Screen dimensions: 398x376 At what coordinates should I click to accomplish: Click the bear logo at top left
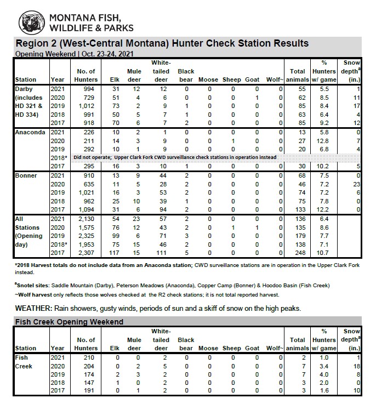33,22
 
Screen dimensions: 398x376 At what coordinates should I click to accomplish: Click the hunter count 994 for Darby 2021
88,89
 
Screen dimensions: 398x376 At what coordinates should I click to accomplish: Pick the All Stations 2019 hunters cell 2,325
87,235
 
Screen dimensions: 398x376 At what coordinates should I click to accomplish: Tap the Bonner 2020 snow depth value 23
356,184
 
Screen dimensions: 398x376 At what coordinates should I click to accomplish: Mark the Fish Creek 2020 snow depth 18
356,366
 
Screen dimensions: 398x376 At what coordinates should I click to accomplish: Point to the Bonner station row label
26,175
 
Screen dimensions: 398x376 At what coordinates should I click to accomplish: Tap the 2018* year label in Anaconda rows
58,157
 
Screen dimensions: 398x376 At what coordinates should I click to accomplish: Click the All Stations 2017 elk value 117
115,252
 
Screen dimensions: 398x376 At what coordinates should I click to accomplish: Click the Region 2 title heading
162,43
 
